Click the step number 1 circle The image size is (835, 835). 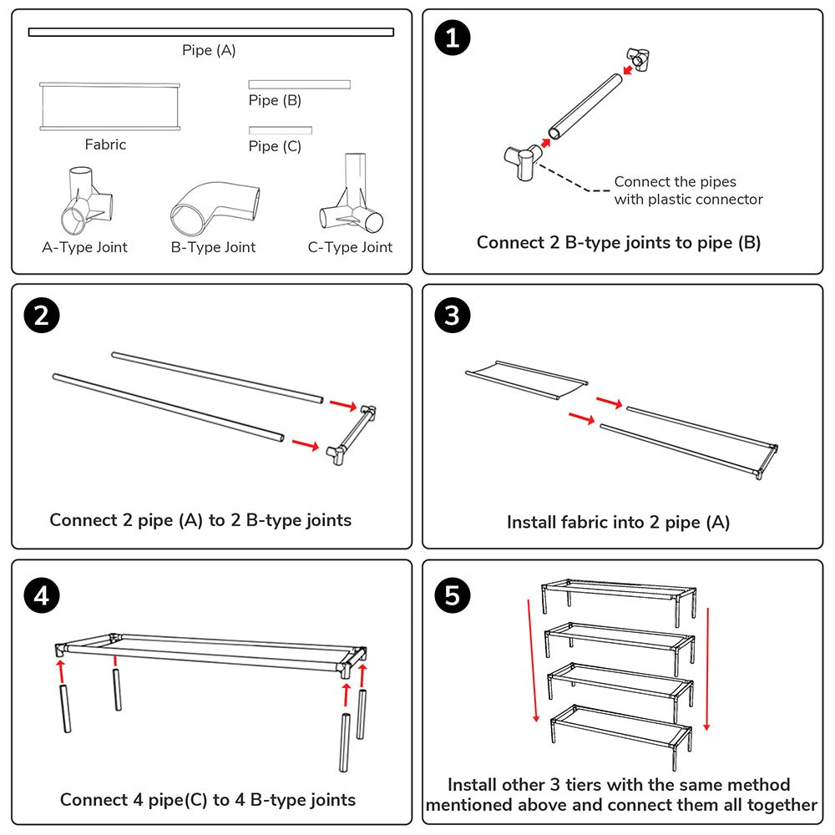[x=453, y=39]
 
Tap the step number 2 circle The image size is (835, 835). [x=42, y=315]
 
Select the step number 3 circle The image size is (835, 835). [x=453, y=315]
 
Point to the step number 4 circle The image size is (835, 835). [x=42, y=595]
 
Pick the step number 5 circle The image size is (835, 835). [x=453, y=595]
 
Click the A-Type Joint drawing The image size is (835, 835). [x=84, y=202]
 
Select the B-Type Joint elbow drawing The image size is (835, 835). [x=213, y=209]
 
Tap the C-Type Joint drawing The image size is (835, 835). [x=351, y=196]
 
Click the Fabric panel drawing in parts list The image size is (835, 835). [x=109, y=107]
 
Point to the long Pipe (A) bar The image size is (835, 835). [x=210, y=33]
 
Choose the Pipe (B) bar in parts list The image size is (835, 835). [x=299, y=84]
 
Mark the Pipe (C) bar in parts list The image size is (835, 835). [x=280, y=130]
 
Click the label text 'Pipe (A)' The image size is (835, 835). [x=209, y=51]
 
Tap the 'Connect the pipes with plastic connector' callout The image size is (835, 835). [x=687, y=190]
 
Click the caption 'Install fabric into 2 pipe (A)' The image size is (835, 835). [x=618, y=523]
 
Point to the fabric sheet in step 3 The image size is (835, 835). [x=525, y=380]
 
